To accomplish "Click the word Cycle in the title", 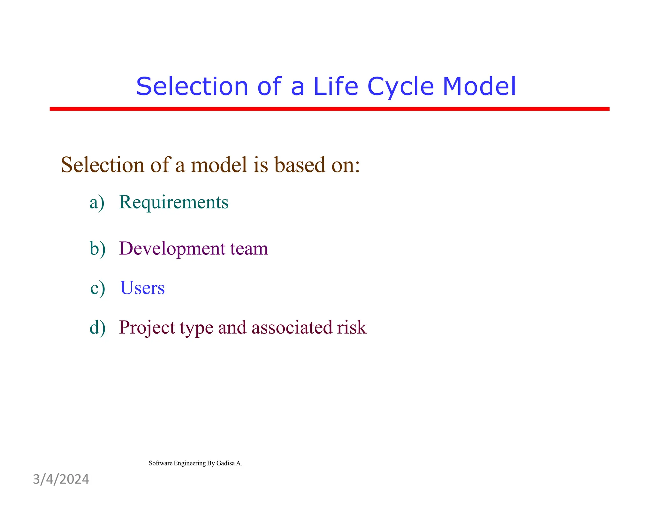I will pyautogui.click(x=400, y=87).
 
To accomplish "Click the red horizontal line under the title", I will pyautogui.click(x=329, y=109).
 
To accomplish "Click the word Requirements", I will pyautogui.click(x=174, y=202).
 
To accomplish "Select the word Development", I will pyautogui.click(x=172, y=249).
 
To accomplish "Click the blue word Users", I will pyautogui.click(x=142, y=288).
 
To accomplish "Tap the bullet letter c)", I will pyautogui.click(x=97, y=288).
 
